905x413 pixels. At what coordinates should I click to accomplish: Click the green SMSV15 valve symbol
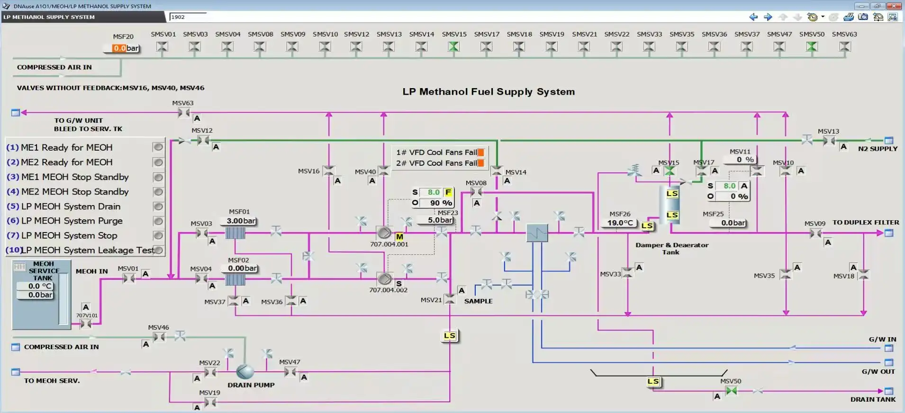(x=453, y=46)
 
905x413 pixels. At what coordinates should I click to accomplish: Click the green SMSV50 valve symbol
(x=812, y=46)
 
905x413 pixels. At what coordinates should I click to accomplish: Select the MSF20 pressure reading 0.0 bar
(x=126, y=48)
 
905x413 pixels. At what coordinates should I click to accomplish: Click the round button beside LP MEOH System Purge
(x=158, y=221)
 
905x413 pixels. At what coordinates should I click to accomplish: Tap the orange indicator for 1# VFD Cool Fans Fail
(x=480, y=153)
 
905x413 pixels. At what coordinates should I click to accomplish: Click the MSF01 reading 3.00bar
(x=240, y=221)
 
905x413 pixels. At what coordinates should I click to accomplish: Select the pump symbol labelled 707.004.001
(x=384, y=233)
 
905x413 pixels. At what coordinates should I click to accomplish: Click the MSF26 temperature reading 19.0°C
(x=620, y=223)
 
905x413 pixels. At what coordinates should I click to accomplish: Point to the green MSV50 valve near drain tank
(x=731, y=391)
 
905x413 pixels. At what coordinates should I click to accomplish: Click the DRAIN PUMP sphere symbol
(x=245, y=372)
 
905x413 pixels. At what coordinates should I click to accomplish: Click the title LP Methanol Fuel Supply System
(x=489, y=92)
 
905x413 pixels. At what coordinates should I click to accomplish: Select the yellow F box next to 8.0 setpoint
(x=448, y=192)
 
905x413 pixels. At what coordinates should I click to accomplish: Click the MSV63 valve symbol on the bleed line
(x=183, y=113)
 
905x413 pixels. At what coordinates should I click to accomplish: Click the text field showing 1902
(x=188, y=17)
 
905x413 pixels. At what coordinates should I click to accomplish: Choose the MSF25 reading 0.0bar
(x=733, y=223)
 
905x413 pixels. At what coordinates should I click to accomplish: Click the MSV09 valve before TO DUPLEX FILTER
(x=815, y=233)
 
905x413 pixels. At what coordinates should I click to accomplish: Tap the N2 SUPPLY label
(x=878, y=149)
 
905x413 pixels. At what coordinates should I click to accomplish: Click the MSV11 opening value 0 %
(x=745, y=160)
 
